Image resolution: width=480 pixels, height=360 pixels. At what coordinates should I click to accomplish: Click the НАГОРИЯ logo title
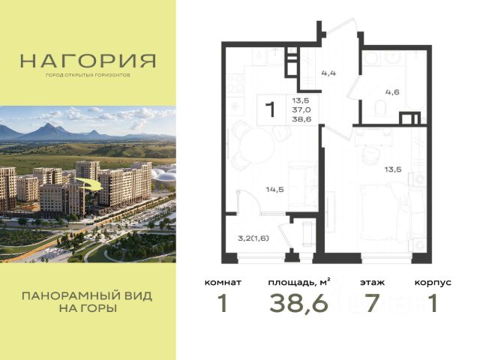[x=88, y=61]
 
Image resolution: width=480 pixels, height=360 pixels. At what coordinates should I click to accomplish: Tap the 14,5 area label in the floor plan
[x=275, y=190]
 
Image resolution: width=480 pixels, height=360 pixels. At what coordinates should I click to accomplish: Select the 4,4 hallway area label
[x=328, y=73]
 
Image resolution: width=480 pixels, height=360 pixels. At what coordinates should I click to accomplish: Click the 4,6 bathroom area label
[x=392, y=91]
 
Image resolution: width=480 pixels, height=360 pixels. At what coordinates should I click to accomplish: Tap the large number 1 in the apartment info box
[x=270, y=109]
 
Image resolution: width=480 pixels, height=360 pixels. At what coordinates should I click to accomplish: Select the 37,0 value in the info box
[x=301, y=109]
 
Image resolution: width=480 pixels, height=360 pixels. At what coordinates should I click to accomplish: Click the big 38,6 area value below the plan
[x=298, y=303]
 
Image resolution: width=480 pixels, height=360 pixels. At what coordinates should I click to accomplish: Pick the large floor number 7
[x=373, y=303]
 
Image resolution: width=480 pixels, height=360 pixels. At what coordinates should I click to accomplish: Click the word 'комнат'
[x=223, y=282]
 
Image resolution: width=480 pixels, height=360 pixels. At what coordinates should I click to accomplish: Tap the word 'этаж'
[x=372, y=282]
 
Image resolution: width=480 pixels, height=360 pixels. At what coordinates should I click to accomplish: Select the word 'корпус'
[x=433, y=283]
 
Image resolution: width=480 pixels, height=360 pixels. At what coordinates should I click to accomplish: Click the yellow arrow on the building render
[x=88, y=184]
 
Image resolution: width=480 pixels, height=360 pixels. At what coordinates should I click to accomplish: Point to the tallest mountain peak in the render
[x=47, y=124]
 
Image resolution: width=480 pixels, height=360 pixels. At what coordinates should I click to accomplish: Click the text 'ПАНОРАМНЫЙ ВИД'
[x=87, y=296]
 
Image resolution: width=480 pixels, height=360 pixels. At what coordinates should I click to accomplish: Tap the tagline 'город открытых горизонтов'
[x=88, y=75]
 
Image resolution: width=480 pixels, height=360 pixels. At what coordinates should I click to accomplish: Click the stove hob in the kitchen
[x=235, y=83]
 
